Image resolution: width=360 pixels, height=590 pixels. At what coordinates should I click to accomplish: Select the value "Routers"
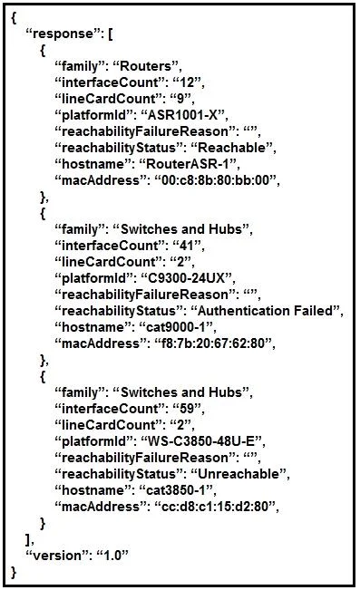145,66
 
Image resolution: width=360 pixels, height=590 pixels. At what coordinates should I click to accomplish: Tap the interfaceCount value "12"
187,82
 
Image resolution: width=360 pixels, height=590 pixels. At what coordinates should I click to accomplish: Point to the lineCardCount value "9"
180,99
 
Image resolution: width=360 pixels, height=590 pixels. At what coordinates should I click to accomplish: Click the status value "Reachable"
232,148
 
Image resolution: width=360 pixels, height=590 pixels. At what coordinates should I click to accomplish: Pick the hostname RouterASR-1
188,164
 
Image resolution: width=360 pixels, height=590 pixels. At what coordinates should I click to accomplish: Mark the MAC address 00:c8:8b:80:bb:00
216,180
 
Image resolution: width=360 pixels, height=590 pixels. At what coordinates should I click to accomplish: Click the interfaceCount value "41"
187,246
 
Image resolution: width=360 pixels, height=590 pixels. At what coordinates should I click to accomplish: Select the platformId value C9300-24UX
187,278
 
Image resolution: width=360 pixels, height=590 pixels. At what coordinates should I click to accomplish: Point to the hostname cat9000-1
176,327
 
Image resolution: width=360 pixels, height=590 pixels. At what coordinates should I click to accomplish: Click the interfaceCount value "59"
187,409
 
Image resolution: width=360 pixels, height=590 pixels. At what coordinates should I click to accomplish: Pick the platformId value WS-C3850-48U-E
201,441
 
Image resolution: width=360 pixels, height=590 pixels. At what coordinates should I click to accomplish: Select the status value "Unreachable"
238,474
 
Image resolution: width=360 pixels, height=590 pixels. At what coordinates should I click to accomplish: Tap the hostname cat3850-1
176,490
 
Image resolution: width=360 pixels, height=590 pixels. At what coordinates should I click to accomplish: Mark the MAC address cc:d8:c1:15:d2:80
216,507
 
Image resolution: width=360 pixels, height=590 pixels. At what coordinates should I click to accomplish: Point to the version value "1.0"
112,556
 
